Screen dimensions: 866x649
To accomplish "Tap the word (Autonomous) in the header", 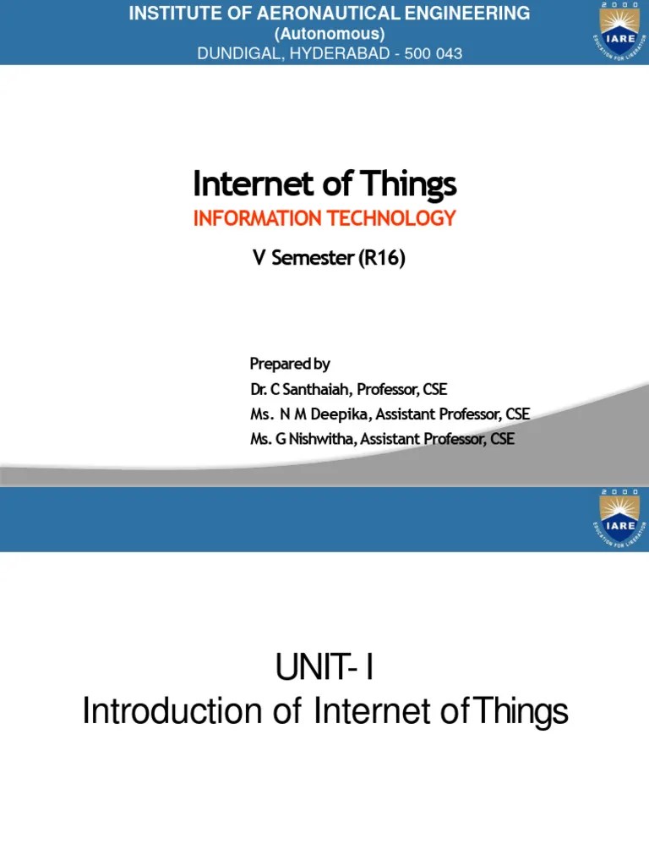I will click(x=330, y=34).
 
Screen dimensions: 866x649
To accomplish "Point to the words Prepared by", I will click(x=290, y=364).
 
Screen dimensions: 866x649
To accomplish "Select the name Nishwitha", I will click(x=314, y=439).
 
